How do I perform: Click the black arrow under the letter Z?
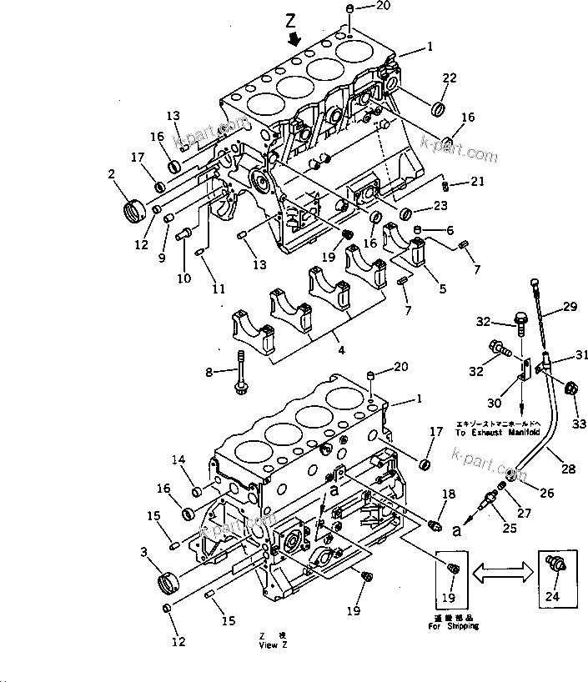pyautogui.click(x=291, y=38)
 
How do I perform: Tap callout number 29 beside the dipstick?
pyautogui.click(x=570, y=308)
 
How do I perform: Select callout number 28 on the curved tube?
pyautogui.click(x=569, y=469)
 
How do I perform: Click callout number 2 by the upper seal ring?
pyautogui.click(x=111, y=173)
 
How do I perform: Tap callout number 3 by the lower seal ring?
pyautogui.click(x=144, y=551)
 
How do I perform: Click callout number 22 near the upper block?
pyautogui.click(x=450, y=78)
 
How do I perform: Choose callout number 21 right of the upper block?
pyautogui.click(x=476, y=181)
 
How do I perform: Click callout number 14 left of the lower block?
pyautogui.click(x=178, y=459)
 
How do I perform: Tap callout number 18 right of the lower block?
pyautogui.click(x=448, y=494)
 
